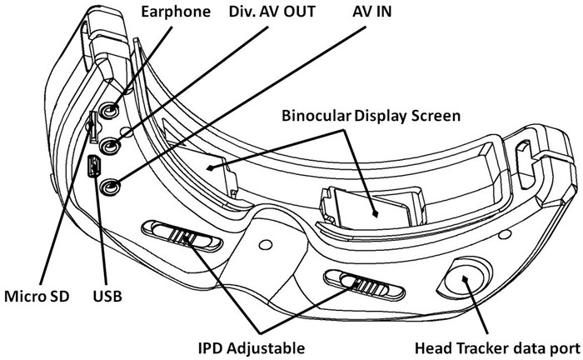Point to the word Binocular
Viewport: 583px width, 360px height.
pos(316,115)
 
